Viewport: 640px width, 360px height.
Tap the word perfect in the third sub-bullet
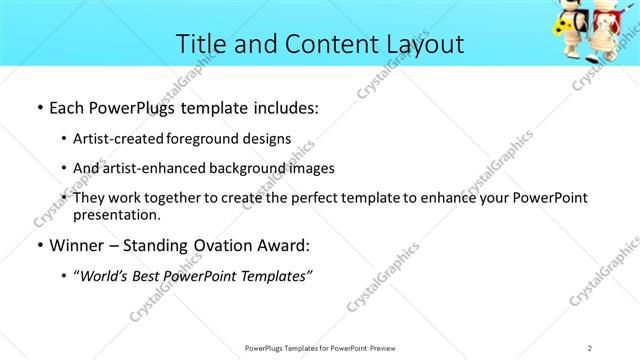[x=300, y=198]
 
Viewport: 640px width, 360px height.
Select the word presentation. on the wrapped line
[x=117, y=214]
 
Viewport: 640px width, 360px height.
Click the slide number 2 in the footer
[x=590, y=347]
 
